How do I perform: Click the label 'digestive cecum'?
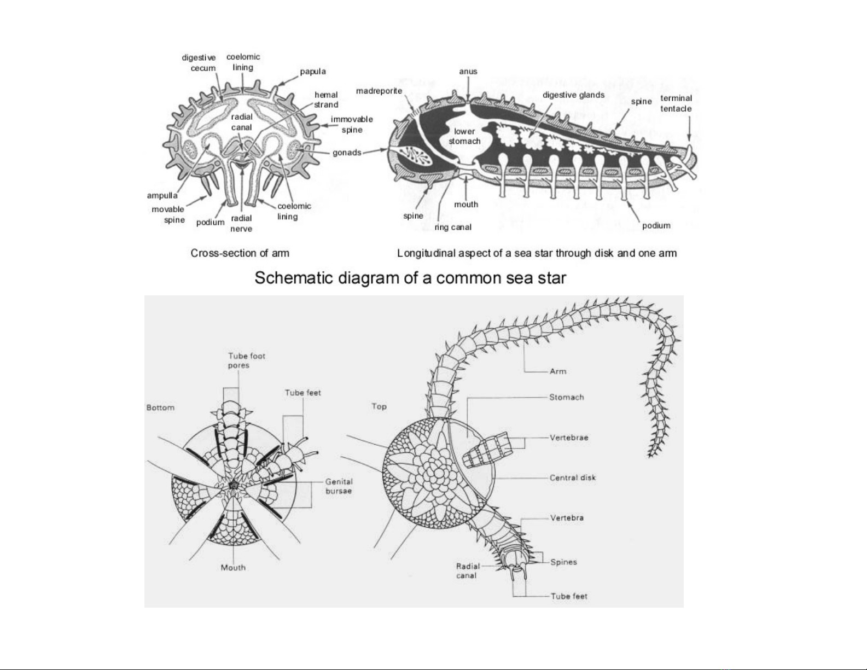(199, 63)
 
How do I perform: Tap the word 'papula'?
(313, 72)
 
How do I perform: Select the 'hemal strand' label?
(326, 100)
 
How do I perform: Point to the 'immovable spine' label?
(352, 125)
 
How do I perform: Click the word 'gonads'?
(347, 153)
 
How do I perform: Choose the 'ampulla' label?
(162, 196)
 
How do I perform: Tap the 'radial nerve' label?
(241, 223)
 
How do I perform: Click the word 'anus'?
(468, 72)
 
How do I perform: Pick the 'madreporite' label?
(379, 91)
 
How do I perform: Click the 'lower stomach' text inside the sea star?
(464, 136)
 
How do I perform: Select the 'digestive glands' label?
(573, 95)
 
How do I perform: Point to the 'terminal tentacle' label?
(676, 103)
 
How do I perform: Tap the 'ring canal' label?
(453, 228)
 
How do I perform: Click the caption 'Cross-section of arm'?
(240, 253)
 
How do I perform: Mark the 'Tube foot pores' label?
(246, 360)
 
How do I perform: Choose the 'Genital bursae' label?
(339, 486)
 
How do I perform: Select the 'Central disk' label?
(572, 477)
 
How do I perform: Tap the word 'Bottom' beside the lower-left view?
(160, 407)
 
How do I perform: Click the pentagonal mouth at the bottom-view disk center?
(234, 485)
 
